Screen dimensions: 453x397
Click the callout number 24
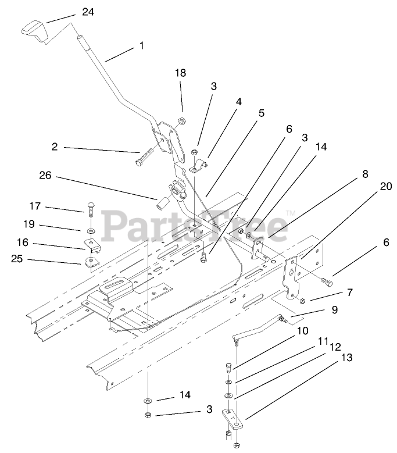pos(87,12)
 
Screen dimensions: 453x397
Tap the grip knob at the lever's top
pos(34,30)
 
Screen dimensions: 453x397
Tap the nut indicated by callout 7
pos(303,300)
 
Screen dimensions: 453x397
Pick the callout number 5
pos(261,113)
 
